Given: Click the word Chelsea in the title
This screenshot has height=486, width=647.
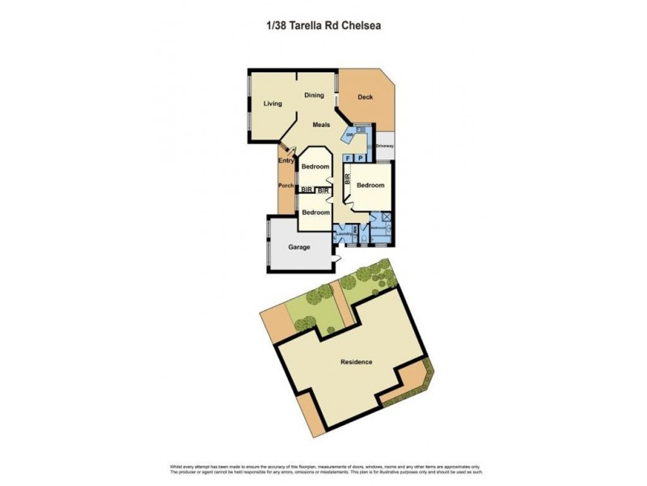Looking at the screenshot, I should pyautogui.click(x=360, y=25).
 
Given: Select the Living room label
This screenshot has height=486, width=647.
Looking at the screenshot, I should pyautogui.click(x=273, y=104).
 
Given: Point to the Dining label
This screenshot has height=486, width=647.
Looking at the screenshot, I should pyautogui.click(x=314, y=96).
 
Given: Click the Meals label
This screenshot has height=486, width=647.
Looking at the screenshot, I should pyautogui.click(x=322, y=124).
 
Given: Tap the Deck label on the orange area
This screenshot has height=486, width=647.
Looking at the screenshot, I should pyautogui.click(x=365, y=98).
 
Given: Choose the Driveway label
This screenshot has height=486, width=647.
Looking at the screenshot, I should pyautogui.click(x=384, y=146).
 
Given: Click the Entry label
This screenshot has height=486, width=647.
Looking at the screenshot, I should pyautogui.click(x=285, y=160).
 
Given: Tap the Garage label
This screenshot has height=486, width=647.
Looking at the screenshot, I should pyautogui.click(x=300, y=246).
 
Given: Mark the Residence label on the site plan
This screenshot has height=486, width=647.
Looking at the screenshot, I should pyautogui.click(x=356, y=361).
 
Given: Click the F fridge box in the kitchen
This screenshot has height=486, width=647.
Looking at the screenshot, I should pyautogui.click(x=348, y=158).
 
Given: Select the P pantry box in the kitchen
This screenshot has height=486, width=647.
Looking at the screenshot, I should pyautogui.click(x=360, y=158).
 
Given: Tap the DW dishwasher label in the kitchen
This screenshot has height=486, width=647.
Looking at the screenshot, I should pyautogui.click(x=350, y=135).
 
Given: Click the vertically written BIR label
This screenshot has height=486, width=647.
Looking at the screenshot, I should pyautogui.click(x=347, y=182).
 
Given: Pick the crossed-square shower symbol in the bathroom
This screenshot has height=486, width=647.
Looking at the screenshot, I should pyautogui.click(x=386, y=217).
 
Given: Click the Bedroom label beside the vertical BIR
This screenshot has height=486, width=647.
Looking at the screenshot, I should pyautogui.click(x=371, y=185).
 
